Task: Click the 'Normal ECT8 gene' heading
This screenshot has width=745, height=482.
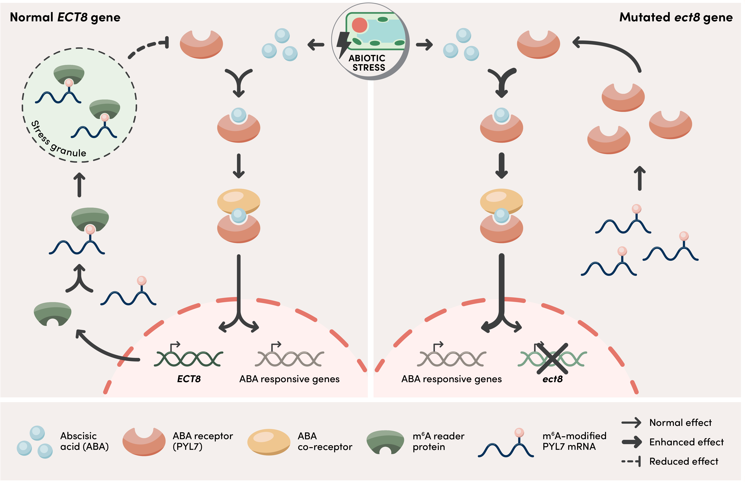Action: coord(65,17)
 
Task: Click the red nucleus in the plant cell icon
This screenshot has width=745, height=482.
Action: coord(359,25)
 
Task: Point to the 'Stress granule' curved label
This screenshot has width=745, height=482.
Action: coord(58,141)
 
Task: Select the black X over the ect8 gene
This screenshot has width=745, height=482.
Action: coord(552,358)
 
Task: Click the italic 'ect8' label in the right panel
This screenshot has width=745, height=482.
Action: coord(552,379)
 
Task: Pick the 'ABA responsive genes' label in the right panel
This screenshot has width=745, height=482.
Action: coord(451,379)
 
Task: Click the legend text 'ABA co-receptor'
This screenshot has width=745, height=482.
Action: coord(325,441)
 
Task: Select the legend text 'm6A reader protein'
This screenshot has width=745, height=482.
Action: coord(438,441)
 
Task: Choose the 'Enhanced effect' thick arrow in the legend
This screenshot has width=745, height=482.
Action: coord(632,442)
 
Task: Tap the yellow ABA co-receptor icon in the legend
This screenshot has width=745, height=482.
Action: coord(269,442)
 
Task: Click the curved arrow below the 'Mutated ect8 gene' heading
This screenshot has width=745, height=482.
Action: coord(610,50)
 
